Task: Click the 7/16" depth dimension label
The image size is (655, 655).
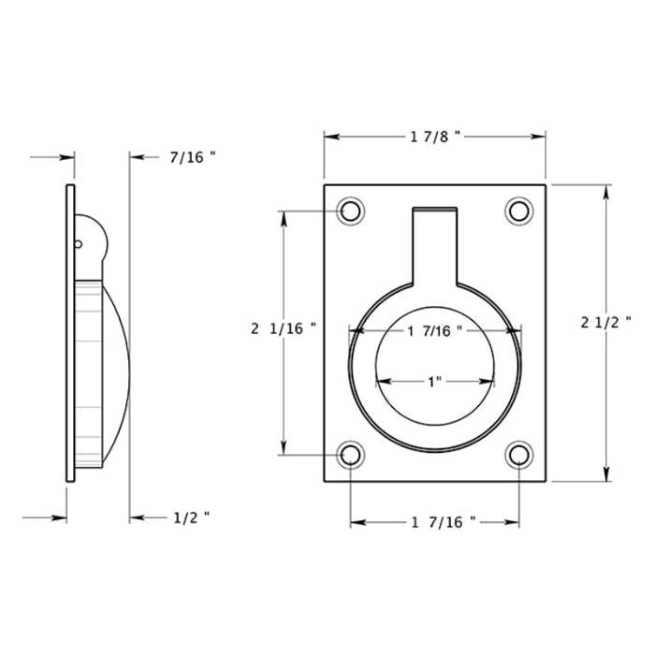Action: tap(192, 157)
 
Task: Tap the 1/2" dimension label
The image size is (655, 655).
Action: tap(191, 517)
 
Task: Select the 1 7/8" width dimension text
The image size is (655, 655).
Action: tap(434, 137)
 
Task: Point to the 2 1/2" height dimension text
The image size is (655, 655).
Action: tap(606, 322)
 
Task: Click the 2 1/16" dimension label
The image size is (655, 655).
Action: tap(284, 328)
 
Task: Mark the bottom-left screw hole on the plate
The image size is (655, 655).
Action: tap(351, 456)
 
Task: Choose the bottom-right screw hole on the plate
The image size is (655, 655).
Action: tap(518, 456)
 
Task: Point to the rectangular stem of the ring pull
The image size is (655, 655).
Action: tap(434, 245)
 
